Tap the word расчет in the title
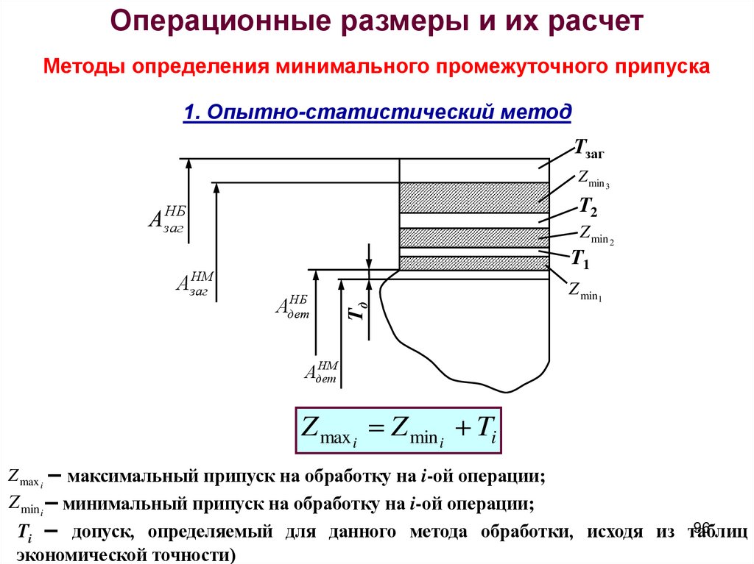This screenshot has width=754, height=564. coord(594,22)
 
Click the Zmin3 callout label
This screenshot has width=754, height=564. coord(593,179)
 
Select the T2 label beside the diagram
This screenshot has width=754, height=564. coord(588,206)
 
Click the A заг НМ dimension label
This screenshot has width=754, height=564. coord(194,283)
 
